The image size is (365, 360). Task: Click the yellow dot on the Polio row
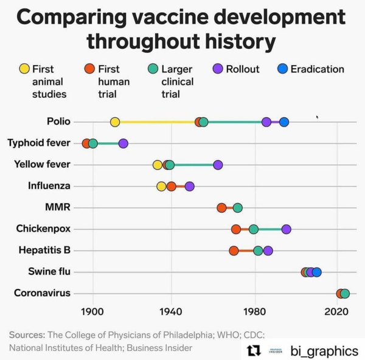[115, 122]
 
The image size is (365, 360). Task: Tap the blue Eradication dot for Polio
[283, 122]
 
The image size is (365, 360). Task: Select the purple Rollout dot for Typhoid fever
[123, 144]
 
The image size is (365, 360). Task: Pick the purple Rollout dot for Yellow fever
[218, 165]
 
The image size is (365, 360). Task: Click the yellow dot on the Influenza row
[161, 186]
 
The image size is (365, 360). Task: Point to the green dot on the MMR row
[238, 208]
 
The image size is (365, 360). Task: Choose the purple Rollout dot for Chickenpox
[286, 229]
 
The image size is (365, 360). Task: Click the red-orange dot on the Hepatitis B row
[234, 251]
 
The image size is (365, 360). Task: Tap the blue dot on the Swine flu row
[316, 272]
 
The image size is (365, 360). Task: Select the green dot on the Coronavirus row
[345, 294]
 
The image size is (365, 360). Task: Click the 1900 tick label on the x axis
[93, 312]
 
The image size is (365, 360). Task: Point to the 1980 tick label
[254, 312]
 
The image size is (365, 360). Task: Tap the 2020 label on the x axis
[336, 312]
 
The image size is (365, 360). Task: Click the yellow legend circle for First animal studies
[24, 69]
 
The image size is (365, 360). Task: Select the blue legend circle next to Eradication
[282, 69]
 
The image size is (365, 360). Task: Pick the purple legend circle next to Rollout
[218, 69]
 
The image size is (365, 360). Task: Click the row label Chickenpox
[43, 229]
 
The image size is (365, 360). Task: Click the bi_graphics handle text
[324, 351]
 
